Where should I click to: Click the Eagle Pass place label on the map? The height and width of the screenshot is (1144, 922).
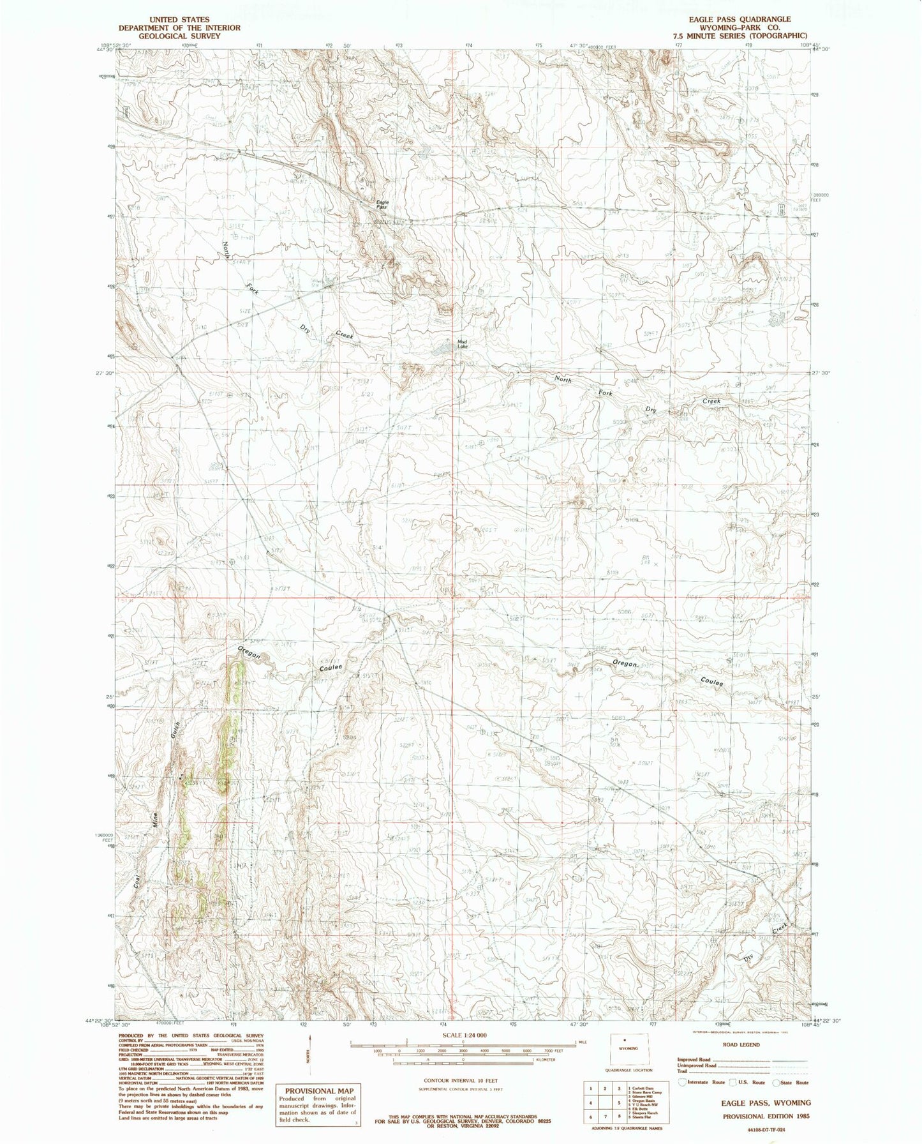(381, 205)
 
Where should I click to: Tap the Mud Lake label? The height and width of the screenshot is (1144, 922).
(463, 343)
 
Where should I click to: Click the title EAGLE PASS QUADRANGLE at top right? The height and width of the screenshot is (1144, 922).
(739, 19)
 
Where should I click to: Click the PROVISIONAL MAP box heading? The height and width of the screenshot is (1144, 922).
(319, 1091)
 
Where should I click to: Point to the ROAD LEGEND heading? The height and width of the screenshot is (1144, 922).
(741, 1045)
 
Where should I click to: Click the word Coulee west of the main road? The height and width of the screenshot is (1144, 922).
(331, 667)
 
